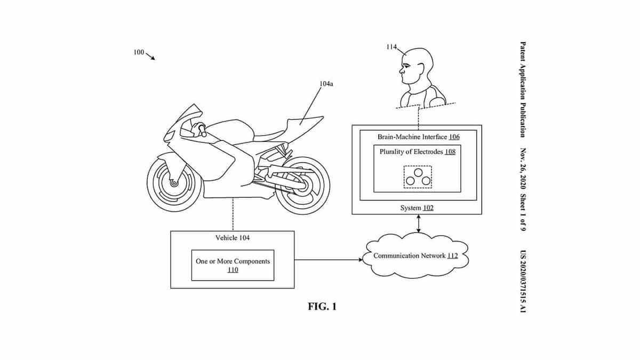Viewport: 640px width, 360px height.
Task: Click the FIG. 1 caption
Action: point(322,307)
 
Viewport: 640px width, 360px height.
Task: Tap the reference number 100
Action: point(139,52)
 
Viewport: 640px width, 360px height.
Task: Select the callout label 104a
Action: point(326,84)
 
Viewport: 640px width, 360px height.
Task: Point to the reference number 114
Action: point(391,46)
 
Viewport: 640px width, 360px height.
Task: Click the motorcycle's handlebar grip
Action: point(203,130)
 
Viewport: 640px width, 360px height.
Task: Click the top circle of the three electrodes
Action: point(418,173)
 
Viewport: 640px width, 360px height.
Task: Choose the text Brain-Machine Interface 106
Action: point(419,137)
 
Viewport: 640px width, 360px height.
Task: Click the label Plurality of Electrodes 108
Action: point(418,151)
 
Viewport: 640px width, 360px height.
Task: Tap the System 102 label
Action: point(417,207)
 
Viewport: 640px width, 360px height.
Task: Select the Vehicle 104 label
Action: point(233,238)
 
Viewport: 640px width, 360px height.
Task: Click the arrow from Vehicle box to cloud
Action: point(329,260)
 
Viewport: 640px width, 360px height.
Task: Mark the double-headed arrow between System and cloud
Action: point(419,223)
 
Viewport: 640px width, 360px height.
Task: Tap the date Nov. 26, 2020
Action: point(523,169)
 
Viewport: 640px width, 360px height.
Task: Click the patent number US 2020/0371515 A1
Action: point(523,282)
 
